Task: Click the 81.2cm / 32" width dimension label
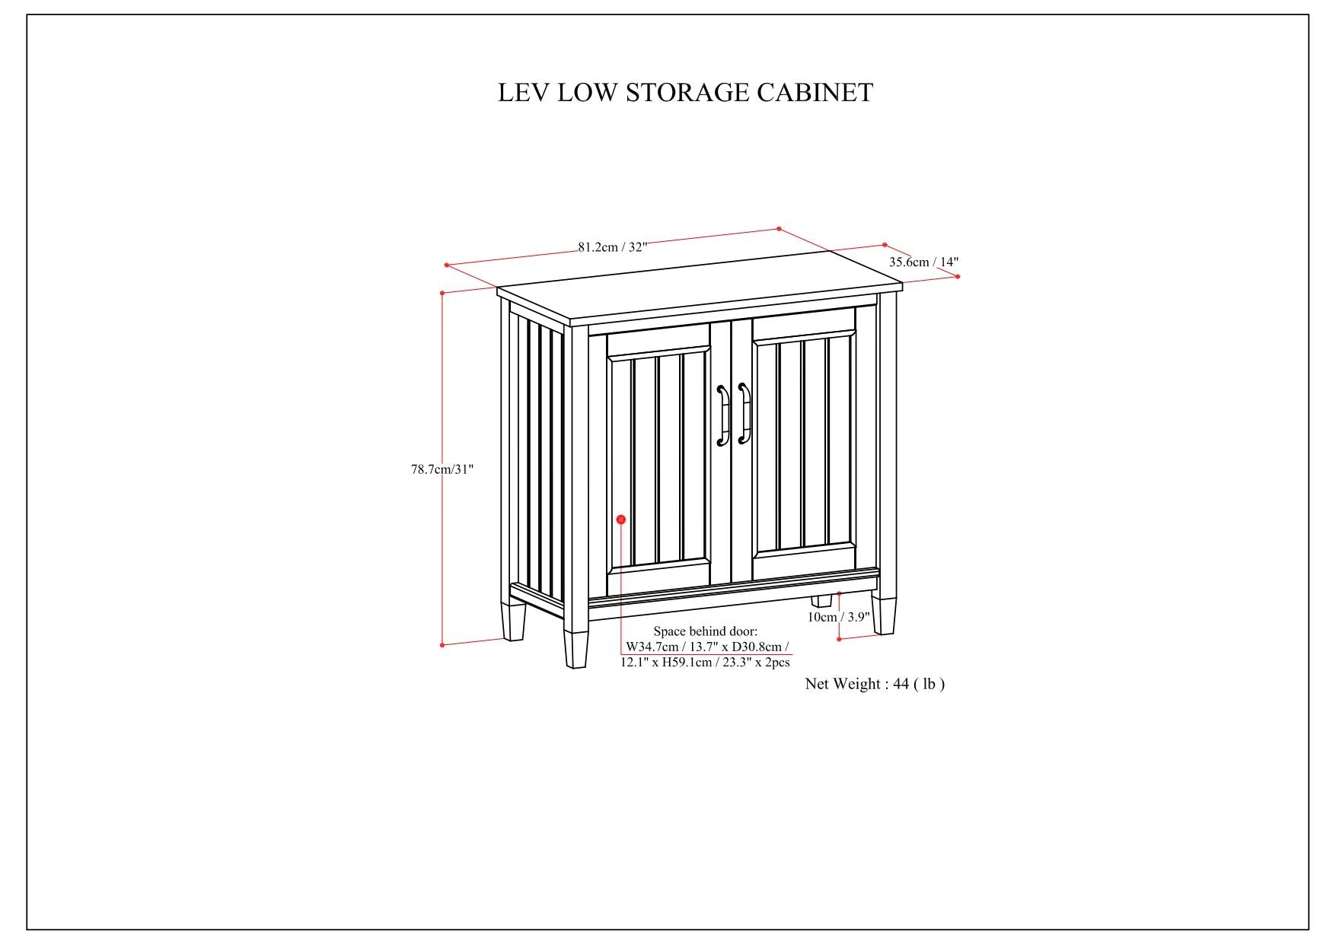point(612,246)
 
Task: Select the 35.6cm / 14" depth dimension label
point(923,262)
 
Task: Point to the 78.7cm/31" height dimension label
point(442,469)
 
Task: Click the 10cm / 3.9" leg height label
point(838,617)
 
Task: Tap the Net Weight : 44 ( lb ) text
point(875,684)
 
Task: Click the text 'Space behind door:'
point(706,631)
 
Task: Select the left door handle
point(722,415)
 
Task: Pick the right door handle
point(745,415)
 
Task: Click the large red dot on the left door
point(620,520)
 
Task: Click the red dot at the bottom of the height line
point(442,645)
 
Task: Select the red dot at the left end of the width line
point(447,265)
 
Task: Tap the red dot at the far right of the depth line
point(957,276)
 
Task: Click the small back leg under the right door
point(821,601)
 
